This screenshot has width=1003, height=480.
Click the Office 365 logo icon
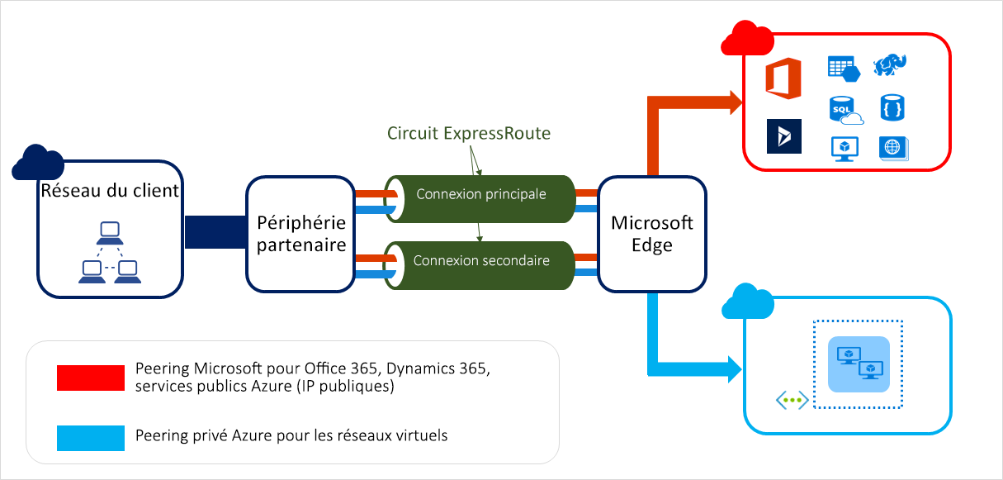pos(783,78)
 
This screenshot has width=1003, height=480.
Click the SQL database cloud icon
pos(844,109)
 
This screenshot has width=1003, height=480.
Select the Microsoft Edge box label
pos(652,234)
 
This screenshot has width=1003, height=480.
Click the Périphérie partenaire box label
pos(300,234)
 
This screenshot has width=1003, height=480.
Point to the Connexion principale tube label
pos(480,194)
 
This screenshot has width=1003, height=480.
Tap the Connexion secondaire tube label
pos(480,260)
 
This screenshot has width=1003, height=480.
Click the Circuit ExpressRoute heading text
pos(468,133)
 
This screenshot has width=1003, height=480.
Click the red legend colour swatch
pos(90,378)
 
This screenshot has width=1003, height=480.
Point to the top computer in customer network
pos(110,231)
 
